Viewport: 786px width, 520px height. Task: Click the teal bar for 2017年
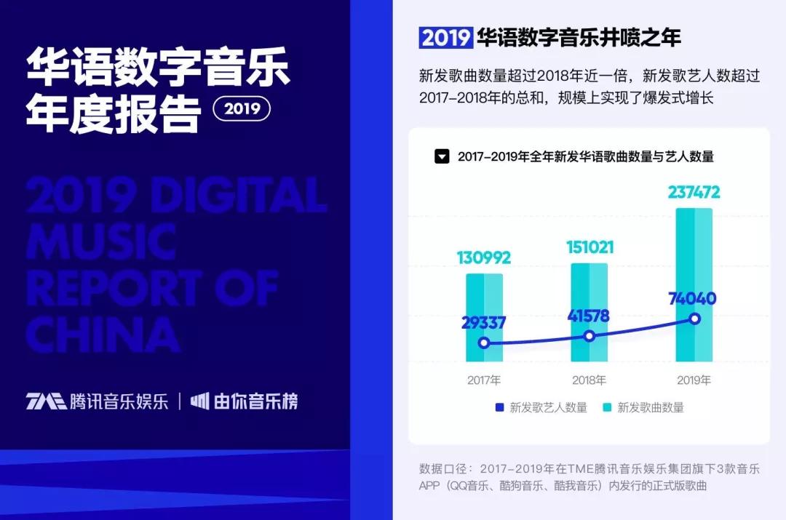point(484,317)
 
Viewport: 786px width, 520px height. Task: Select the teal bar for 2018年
point(589,312)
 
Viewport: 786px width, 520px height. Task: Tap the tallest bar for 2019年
point(694,284)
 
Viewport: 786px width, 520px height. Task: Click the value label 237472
point(694,192)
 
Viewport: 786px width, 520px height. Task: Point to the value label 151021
point(590,247)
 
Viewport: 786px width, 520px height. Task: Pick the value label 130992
point(484,257)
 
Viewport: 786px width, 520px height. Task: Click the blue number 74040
point(693,299)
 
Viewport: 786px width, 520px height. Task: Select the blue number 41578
point(589,316)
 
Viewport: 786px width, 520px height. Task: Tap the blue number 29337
point(483,323)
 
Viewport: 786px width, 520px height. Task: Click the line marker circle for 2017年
point(484,343)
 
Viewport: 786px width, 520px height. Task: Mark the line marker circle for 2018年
point(589,336)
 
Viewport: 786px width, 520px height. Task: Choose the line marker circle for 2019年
point(694,319)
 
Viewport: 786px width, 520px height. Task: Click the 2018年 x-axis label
point(589,380)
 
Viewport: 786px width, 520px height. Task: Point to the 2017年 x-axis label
point(484,380)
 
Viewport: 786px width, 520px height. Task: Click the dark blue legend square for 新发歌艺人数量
point(499,407)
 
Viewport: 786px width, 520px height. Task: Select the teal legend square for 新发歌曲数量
point(607,407)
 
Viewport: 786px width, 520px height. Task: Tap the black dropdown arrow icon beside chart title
point(442,156)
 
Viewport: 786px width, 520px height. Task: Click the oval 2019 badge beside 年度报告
point(242,108)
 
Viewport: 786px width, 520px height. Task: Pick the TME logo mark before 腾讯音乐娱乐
point(46,401)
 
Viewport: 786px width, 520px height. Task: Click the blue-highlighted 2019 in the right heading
point(445,38)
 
